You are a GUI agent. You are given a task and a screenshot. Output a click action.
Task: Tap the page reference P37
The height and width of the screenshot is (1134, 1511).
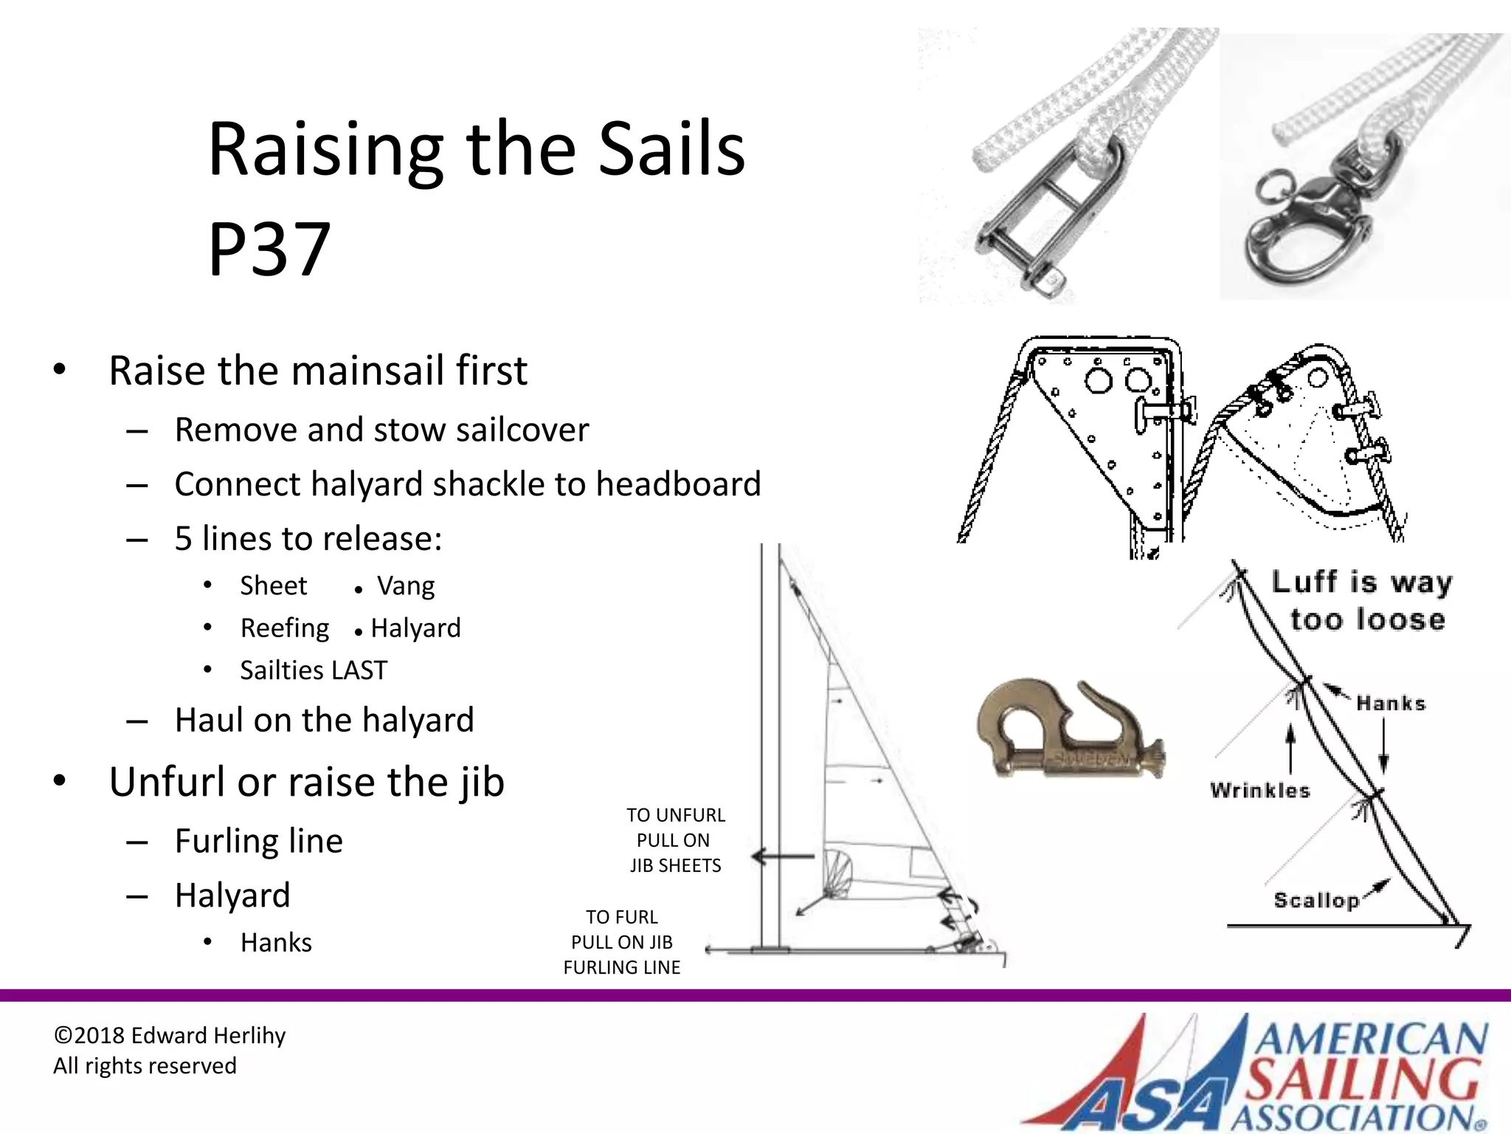pyautogui.click(x=269, y=250)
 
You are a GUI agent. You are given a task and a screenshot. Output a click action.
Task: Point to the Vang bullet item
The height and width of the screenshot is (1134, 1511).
pyautogui.click(x=406, y=586)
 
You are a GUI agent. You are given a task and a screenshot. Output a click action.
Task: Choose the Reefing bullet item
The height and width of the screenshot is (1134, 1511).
pyautogui.click(x=285, y=628)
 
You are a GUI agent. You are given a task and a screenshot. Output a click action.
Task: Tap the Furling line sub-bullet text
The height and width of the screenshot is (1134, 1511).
pyautogui.click(x=259, y=841)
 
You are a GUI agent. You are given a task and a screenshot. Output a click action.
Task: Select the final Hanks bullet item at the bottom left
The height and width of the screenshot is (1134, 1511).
pyautogui.click(x=276, y=943)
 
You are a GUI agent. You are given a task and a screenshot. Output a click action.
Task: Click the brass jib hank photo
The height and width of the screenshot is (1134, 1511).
pyautogui.click(x=1071, y=731)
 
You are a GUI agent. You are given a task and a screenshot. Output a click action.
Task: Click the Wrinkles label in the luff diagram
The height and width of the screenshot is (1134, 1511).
pyautogui.click(x=1260, y=791)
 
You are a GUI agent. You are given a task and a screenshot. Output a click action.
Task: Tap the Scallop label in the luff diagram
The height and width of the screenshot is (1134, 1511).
pyautogui.click(x=1316, y=900)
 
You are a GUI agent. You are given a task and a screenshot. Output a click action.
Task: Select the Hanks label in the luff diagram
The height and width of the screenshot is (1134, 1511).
pyautogui.click(x=1391, y=704)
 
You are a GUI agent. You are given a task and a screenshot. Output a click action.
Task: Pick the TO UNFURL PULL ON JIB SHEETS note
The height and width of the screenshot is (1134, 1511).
pyautogui.click(x=675, y=840)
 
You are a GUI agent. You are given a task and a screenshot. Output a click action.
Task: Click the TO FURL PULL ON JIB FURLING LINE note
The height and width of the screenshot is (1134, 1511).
pyautogui.click(x=621, y=942)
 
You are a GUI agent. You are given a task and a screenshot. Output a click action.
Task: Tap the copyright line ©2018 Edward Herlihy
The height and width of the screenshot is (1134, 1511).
pyautogui.click(x=170, y=1036)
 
